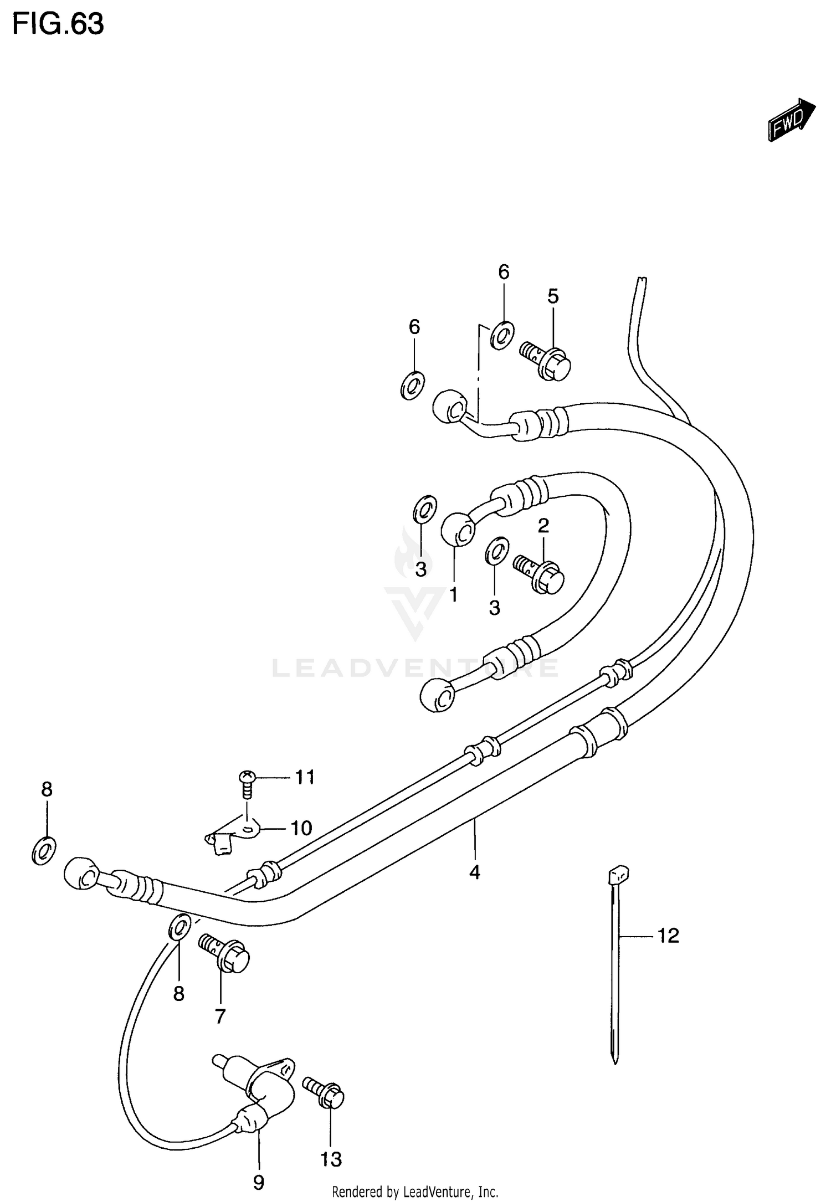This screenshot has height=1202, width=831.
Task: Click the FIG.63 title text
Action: pyautogui.click(x=58, y=24)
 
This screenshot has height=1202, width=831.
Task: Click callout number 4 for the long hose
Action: pyautogui.click(x=474, y=873)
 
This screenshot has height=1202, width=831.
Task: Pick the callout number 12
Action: pyautogui.click(x=668, y=936)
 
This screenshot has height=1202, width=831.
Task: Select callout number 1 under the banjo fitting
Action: pyautogui.click(x=453, y=595)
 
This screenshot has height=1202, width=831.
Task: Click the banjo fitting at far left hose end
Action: pyautogui.click(x=81, y=875)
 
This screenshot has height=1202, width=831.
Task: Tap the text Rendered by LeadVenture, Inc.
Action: pyautogui.click(x=415, y=1191)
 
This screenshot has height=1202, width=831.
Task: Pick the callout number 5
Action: pyautogui.click(x=553, y=296)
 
